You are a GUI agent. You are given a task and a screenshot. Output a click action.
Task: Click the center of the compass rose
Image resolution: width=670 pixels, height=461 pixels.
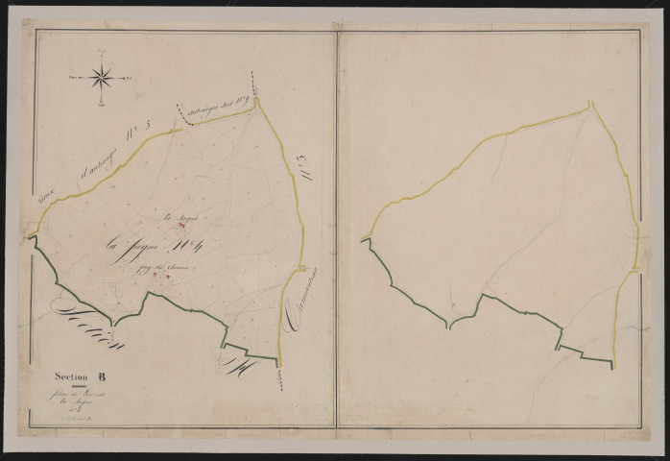pyautogui.click(x=103, y=75)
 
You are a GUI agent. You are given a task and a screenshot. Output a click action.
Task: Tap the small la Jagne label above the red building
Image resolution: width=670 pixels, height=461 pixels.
pyautogui.click(x=176, y=218)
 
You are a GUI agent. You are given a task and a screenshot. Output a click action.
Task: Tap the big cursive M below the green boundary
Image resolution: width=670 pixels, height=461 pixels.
pyautogui.click(x=238, y=361)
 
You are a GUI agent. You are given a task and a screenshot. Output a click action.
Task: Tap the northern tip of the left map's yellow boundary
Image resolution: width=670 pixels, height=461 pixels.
pyautogui.click(x=256, y=100)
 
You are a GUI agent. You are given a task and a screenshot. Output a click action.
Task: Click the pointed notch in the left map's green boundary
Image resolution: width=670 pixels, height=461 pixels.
pyautogui.click(x=114, y=324)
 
